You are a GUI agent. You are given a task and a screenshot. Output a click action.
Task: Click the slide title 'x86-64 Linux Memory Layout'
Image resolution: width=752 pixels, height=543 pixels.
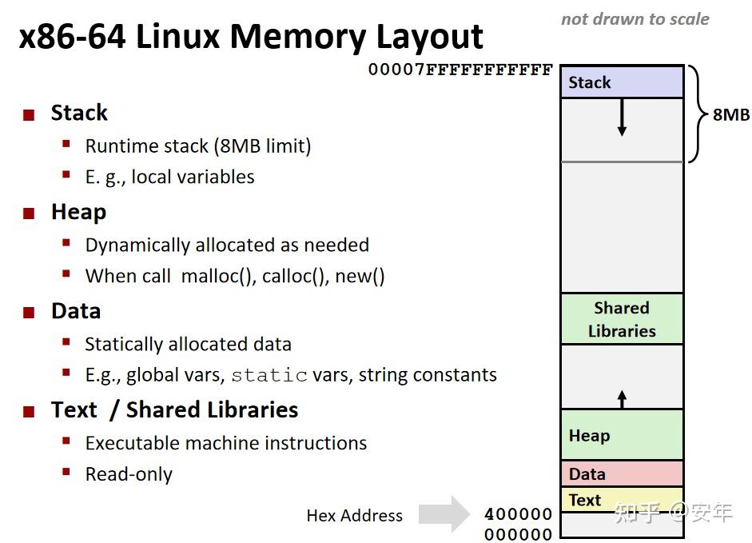251,37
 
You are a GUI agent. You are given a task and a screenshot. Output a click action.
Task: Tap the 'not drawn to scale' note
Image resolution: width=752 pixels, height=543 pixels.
635,19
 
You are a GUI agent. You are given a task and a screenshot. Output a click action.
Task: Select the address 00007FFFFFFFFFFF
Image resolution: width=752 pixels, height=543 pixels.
460,70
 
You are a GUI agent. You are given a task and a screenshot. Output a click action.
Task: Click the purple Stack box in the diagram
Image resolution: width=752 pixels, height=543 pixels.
622,82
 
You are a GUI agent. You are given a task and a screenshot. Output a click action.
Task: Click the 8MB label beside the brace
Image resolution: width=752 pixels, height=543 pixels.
731,114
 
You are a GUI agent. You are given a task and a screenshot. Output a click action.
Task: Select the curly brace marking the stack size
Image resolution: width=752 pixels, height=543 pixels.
695,114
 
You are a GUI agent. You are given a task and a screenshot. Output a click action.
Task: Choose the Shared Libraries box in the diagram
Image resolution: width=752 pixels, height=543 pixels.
622,319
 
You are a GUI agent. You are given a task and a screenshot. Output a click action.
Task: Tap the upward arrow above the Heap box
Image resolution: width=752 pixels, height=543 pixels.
622,398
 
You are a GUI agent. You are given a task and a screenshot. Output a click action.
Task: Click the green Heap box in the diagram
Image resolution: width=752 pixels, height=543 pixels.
622,435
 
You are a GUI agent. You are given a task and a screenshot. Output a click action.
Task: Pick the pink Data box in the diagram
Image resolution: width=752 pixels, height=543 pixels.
622,474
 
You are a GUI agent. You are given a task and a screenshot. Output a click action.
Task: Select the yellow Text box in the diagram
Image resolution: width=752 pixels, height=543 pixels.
622,500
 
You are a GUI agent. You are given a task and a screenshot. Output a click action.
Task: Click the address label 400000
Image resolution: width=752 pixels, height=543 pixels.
519,514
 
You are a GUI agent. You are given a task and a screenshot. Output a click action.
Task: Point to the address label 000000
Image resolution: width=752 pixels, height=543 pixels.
519,535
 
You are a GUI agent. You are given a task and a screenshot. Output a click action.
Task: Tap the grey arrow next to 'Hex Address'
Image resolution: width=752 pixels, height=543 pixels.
444,514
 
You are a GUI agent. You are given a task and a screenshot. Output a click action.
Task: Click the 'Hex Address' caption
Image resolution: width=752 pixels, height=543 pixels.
354,516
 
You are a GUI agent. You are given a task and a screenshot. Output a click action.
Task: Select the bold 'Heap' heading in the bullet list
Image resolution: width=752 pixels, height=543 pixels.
78,212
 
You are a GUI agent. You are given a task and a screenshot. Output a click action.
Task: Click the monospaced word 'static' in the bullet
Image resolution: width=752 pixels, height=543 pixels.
269,375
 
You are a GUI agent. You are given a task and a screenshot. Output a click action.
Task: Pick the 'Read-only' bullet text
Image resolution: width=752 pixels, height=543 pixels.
129,474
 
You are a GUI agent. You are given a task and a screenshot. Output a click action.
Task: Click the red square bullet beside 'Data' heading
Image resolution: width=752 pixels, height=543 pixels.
30,313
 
